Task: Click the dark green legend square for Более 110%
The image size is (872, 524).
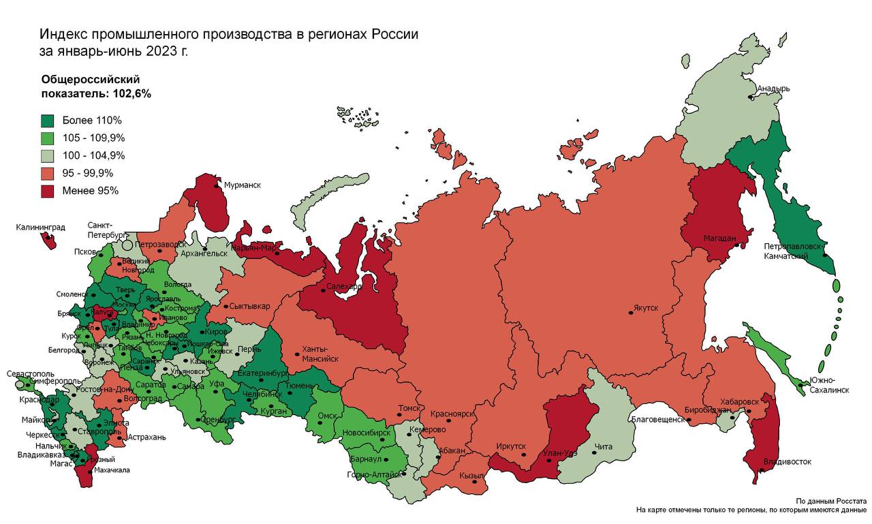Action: click(48, 121)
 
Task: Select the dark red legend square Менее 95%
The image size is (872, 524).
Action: click(48, 191)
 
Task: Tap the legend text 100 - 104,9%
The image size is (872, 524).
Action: click(93, 155)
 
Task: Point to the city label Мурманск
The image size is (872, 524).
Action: click(242, 185)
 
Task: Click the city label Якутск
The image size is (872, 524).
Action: click(647, 308)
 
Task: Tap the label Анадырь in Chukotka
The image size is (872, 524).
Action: click(774, 89)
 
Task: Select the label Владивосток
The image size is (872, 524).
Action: click(788, 462)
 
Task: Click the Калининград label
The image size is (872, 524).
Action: click(40, 228)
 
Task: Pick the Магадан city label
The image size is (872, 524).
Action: click(719, 238)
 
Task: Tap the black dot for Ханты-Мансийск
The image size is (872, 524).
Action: click(297, 354)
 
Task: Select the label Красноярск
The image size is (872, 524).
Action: click(452, 414)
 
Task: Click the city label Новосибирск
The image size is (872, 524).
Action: click(367, 433)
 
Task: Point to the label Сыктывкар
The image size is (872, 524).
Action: click(250, 306)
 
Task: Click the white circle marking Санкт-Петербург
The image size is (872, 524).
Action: click(127, 244)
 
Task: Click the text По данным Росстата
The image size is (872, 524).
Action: click(830, 500)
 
